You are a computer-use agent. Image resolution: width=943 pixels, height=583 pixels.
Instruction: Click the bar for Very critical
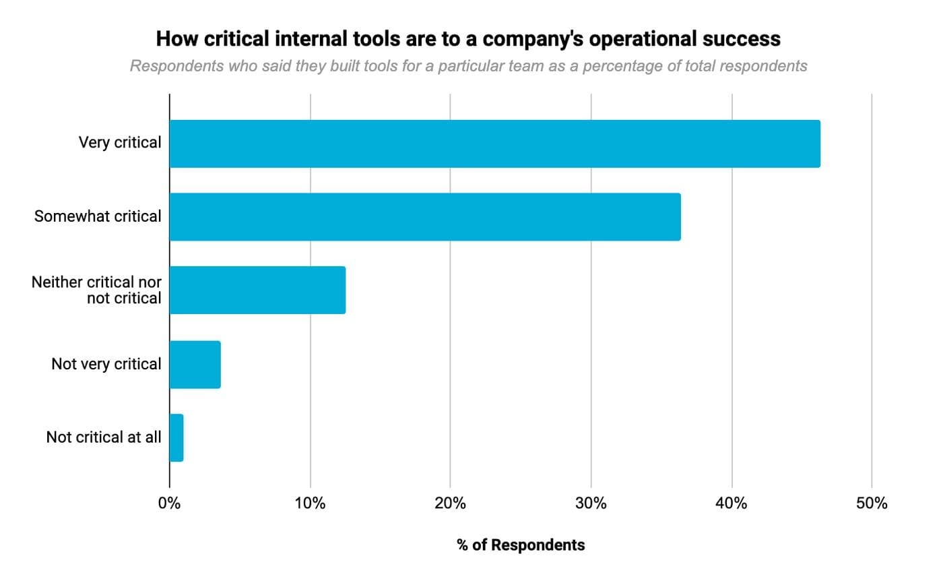[495, 144]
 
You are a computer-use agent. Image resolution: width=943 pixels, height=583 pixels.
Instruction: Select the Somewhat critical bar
[425, 217]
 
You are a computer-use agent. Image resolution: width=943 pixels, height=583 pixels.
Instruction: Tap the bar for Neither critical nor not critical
[257, 290]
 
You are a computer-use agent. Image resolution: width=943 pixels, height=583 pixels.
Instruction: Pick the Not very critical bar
[195, 365]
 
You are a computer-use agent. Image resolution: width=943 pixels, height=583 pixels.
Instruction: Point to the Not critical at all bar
[176, 438]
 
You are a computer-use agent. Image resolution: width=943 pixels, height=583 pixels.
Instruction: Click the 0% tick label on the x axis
[169, 503]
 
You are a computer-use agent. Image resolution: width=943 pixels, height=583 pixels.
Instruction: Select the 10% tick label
[310, 503]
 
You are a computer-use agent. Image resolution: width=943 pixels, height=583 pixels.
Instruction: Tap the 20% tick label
[450, 503]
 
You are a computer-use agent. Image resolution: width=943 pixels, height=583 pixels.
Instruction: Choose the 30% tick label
[591, 503]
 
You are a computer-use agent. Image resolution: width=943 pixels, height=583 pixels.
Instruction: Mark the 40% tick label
[731, 503]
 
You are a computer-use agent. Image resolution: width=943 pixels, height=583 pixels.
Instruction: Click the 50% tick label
[872, 503]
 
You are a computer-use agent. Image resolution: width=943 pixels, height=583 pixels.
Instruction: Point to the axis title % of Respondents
[521, 545]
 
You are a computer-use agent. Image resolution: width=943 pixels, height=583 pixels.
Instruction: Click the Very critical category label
[120, 143]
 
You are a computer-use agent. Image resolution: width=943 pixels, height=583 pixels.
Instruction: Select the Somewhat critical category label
[98, 217]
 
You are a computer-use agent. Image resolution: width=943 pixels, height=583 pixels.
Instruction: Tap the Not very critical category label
[106, 365]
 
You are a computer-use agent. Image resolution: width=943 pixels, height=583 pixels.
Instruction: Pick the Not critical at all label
[104, 437]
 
